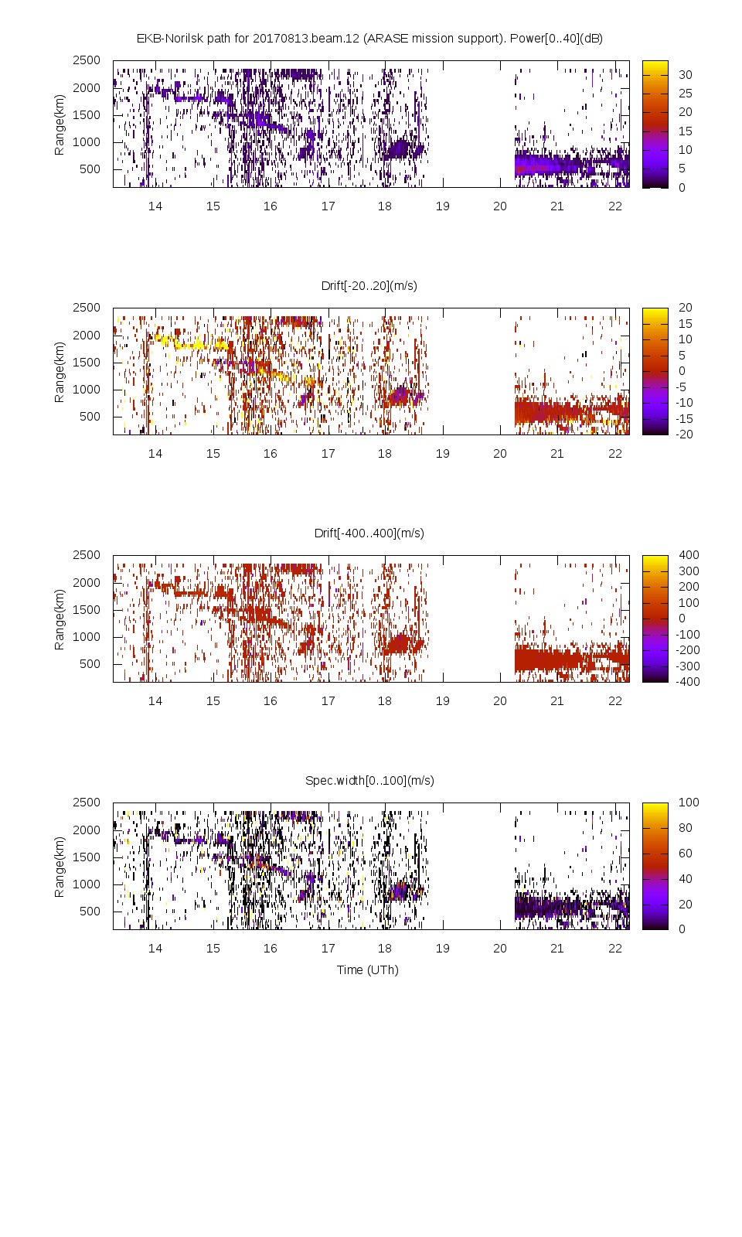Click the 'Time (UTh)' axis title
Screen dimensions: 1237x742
367,969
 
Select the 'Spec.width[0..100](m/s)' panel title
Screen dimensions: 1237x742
369,780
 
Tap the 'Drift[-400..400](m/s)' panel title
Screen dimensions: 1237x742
369,533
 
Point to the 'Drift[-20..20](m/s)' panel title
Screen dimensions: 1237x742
369,285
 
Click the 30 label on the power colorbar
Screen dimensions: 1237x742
685,75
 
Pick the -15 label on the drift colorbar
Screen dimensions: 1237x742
684,418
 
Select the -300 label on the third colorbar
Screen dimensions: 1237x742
688,666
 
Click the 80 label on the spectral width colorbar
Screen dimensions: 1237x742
685,827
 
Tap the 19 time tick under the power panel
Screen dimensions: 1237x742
442,206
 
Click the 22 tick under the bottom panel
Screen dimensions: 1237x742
614,949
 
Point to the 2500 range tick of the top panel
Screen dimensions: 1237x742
87,60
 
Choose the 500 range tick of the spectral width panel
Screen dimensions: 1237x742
90,911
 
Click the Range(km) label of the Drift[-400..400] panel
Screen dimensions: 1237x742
60,618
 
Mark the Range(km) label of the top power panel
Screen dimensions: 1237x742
60,124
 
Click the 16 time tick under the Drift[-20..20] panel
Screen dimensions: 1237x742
270,454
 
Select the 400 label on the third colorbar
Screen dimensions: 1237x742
688,555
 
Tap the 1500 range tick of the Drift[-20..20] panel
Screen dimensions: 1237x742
87,362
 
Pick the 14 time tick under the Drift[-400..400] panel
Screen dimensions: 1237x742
155,701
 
